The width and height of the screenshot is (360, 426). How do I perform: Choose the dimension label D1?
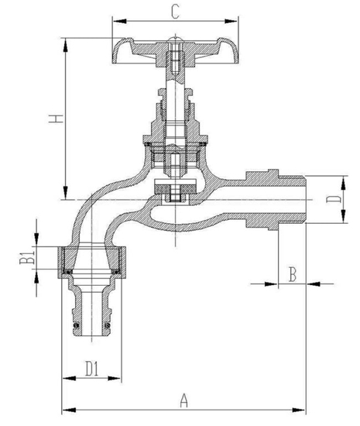[x=91, y=366]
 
